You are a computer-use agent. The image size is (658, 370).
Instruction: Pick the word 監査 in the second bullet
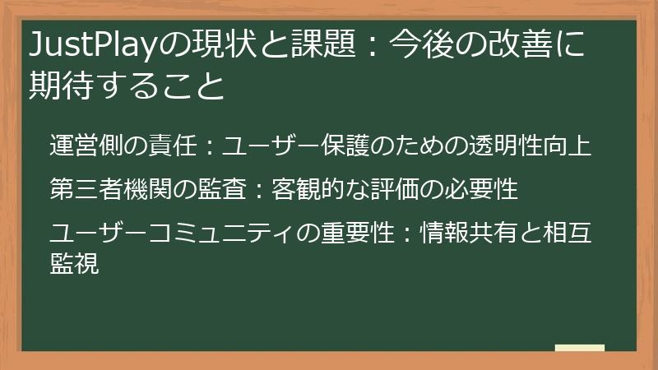click(x=225, y=189)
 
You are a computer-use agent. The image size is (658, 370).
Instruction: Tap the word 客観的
click(x=309, y=189)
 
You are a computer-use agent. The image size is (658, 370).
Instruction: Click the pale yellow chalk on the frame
click(x=579, y=349)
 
